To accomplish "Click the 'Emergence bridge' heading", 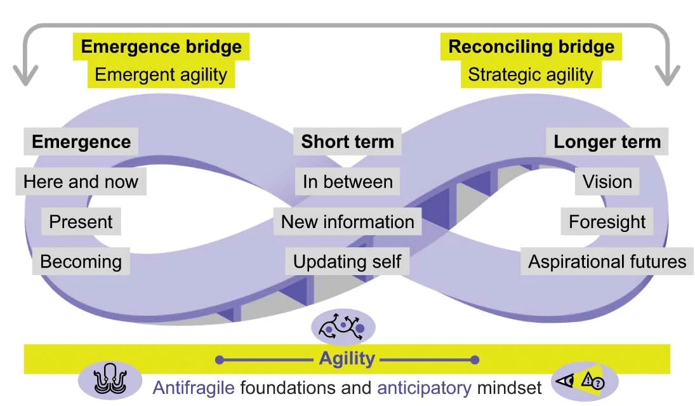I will point(161,47).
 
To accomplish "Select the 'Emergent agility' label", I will point(161,74).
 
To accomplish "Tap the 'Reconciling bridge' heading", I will point(531,47).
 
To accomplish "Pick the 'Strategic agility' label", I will point(531,74).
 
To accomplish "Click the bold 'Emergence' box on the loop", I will point(81,142).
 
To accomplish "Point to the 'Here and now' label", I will point(81,182).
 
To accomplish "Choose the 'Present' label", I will point(81,222).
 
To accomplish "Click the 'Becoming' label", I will point(81,261).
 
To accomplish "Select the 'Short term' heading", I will point(347,142).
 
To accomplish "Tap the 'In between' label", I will point(347,182).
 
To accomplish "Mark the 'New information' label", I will point(347,222).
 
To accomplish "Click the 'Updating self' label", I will point(347,261).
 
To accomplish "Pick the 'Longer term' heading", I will point(607,142).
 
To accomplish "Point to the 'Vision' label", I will point(607,182).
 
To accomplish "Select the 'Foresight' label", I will point(607,222).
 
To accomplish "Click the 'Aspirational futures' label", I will point(607,261).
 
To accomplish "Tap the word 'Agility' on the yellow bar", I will point(347,359).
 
